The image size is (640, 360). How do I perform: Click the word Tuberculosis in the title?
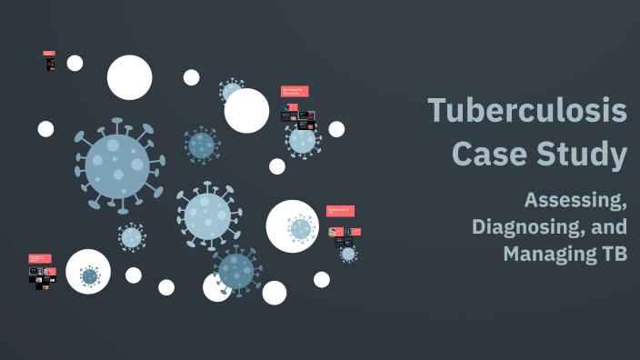point(527,111)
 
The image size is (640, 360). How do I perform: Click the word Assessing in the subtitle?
point(575,199)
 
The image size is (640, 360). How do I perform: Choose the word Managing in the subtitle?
point(542,254)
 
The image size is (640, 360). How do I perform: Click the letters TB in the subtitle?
point(608,254)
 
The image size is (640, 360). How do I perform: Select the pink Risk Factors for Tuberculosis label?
point(295,92)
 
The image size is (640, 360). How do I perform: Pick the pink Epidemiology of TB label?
point(340,211)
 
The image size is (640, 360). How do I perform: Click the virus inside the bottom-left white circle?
point(89,275)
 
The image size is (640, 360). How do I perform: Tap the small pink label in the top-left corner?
point(49,54)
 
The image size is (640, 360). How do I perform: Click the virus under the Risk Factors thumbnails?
point(303,140)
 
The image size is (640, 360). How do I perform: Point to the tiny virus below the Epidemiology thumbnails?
point(348,254)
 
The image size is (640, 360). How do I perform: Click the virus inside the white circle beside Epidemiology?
point(301,229)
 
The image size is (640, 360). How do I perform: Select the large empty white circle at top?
point(129,77)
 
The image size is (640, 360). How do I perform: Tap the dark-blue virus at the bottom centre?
point(236,270)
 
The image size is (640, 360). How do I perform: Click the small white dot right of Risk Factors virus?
point(336,129)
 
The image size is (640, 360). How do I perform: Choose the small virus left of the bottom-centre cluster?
point(132,237)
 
